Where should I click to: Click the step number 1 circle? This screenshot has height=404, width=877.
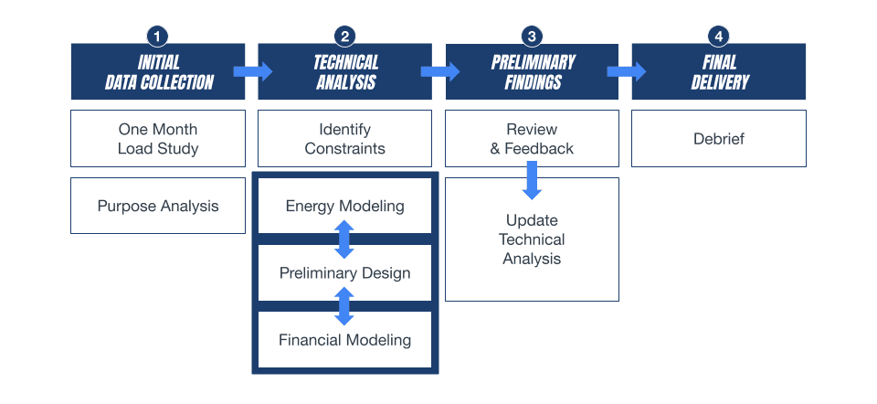tap(158, 37)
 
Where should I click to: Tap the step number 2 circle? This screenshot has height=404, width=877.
tap(344, 37)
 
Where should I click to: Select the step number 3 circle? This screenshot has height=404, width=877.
tap(532, 37)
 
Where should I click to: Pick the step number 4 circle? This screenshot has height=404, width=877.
tap(718, 37)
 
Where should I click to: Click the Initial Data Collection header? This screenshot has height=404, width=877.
tap(158, 71)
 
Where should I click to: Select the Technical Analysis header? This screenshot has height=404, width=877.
tap(344, 71)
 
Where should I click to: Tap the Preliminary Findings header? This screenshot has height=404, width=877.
tap(532, 71)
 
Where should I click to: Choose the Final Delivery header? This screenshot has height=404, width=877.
tap(719, 71)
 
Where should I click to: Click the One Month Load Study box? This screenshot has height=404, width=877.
tap(158, 138)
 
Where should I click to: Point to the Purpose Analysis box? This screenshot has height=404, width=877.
tap(158, 206)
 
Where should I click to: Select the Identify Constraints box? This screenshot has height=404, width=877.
tap(344, 138)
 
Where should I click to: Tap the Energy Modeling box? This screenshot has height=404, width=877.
tap(344, 206)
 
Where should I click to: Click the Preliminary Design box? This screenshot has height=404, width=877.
tap(344, 273)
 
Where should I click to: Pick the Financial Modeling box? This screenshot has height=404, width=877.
tap(344, 340)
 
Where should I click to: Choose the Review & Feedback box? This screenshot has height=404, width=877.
tap(532, 138)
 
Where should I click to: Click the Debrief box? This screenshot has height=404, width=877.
tap(719, 138)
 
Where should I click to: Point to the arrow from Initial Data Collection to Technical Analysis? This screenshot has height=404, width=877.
tap(253, 71)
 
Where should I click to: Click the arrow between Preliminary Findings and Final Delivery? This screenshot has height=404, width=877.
tap(627, 71)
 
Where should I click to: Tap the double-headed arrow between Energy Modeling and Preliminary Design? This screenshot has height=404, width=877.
tap(344, 239)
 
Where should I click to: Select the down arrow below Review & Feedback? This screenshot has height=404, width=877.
tap(532, 180)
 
